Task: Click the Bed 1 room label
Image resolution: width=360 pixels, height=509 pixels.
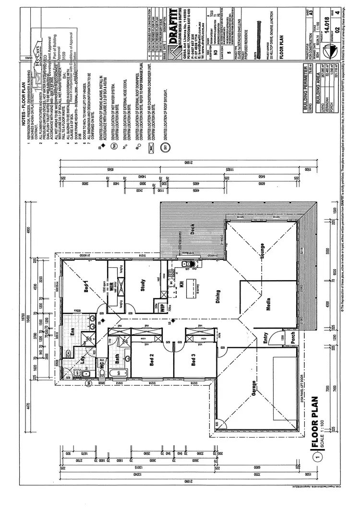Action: point(87,286)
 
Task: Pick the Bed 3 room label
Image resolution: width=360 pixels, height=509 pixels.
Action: point(193,359)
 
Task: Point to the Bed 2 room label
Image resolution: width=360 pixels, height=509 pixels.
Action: point(151,359)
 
